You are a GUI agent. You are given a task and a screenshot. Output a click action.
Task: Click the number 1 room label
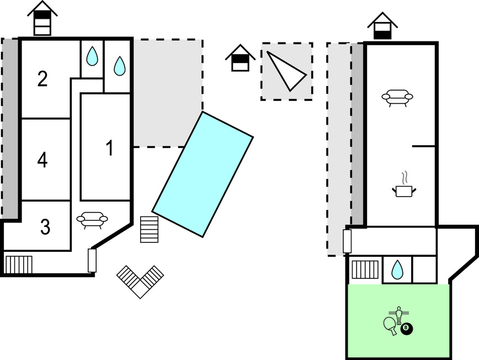(109, 148)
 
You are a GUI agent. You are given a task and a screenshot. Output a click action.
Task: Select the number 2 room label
(42, 80)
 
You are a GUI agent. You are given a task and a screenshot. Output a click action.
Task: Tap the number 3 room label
(45, 226)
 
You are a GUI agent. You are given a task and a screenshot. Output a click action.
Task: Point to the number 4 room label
(42, 160)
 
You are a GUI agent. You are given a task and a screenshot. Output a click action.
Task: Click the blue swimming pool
(203, 174)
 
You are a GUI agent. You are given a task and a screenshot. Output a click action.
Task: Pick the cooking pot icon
(405, 189)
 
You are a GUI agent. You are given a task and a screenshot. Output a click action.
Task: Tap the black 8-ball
(407, 329)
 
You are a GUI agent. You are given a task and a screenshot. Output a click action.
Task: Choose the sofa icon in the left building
(92, 220)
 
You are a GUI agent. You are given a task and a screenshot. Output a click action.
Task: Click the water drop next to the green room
(397, 269)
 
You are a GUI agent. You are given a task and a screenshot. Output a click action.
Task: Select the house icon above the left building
(42, 18)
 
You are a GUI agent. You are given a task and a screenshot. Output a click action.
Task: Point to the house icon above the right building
(383, 25)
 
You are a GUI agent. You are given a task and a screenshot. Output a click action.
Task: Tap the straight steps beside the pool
(150, 229)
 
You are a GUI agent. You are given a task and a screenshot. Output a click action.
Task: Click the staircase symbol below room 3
(19, 264)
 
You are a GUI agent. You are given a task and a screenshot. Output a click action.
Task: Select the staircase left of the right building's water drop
(364, 269)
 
